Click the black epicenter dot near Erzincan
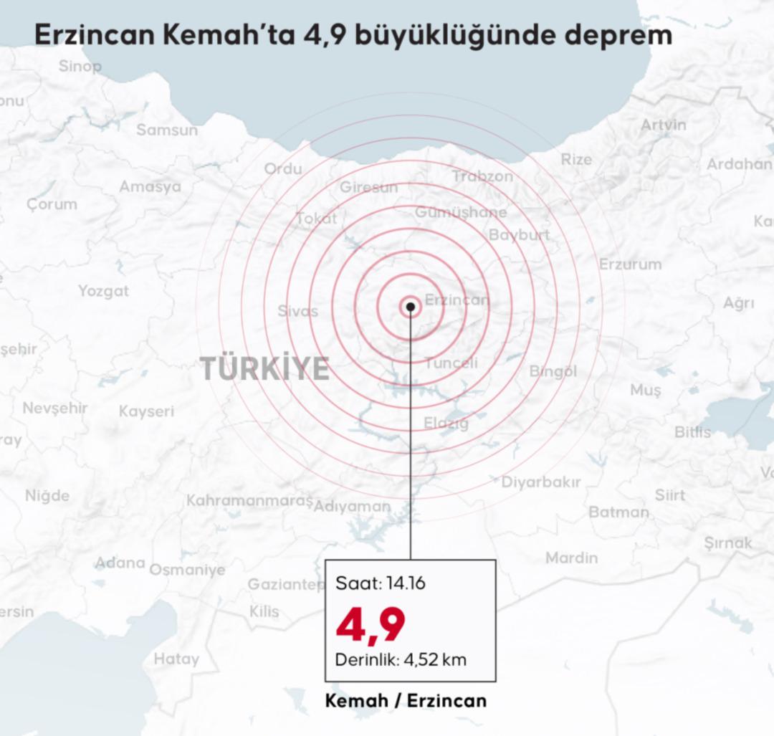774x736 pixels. tap(410, 307)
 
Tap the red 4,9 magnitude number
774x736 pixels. tap(371, 623)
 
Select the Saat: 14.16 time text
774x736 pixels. tap(381, 583)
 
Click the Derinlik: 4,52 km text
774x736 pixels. tap(401, 659)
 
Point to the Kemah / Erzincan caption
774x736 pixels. tap(406, 700)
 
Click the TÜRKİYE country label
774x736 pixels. tap(265, 368)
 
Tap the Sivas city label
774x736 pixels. tap(297, 311)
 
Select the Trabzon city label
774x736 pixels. tap(483, 176)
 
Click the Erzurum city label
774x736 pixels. tap(631, 264)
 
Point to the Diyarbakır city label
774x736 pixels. tap(541, 482)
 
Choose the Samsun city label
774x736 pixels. tap(167, 130)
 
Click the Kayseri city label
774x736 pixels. tap(146, 411)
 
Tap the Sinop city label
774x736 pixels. tap(80, 67)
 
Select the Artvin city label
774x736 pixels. tap(663, 125)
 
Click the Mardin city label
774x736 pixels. tap(571, 557)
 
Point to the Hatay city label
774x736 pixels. tap(176, 659)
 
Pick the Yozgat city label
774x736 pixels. tap(104, 291)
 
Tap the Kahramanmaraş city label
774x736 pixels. tap(250, 500)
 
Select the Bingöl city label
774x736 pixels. tap(553, 371)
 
